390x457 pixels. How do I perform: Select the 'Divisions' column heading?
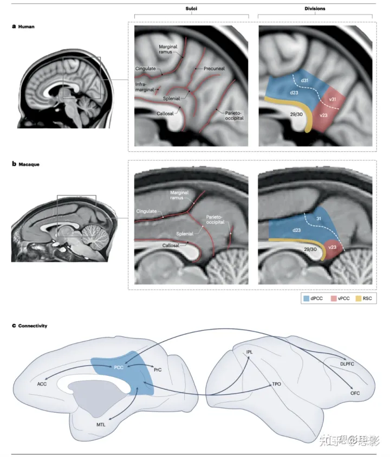pyautogui.click(x=315, y=10)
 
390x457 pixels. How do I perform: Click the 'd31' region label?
pyautogui.click(x=306, y=81)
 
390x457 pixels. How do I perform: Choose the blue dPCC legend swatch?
pyautogui.click(x=307, y=298)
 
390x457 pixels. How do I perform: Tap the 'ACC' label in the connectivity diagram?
pyautogui.click(x=42, y=385)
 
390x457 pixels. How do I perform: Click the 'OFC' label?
pyautogui.click(x=355, y=393)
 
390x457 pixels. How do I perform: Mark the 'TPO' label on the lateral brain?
pyautogui.click(x=276, y=385)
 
